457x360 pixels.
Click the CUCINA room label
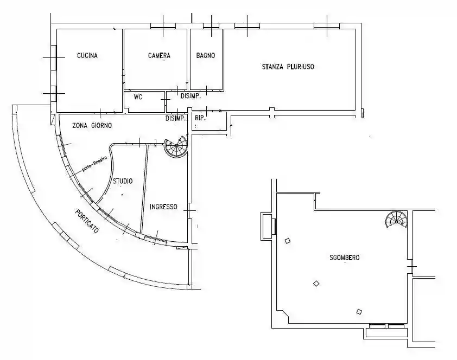[87, 55]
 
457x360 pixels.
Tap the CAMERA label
[159, 55]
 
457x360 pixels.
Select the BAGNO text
[206, 55]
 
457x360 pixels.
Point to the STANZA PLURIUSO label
[288, 67]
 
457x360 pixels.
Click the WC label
[138, 97]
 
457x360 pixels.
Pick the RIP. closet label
[200, 118]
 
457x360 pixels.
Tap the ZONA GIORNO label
[92, 125]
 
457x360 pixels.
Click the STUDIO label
[123, 181]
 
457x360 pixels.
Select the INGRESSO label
[163, 207]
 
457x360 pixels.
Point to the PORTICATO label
[87, 221]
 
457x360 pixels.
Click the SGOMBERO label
[345, 258]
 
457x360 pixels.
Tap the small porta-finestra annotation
[95, 164]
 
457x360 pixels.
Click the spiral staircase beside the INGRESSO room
[176, 147]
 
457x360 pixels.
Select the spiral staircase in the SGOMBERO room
[396, 220]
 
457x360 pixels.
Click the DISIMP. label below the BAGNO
[191, 96]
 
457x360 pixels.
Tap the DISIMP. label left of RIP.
[175, 118]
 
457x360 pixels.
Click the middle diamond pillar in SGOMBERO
[316, 284]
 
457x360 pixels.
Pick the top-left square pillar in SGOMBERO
[288, 241]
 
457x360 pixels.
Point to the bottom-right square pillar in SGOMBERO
[359, 312]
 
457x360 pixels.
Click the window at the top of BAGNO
[211, 27]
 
